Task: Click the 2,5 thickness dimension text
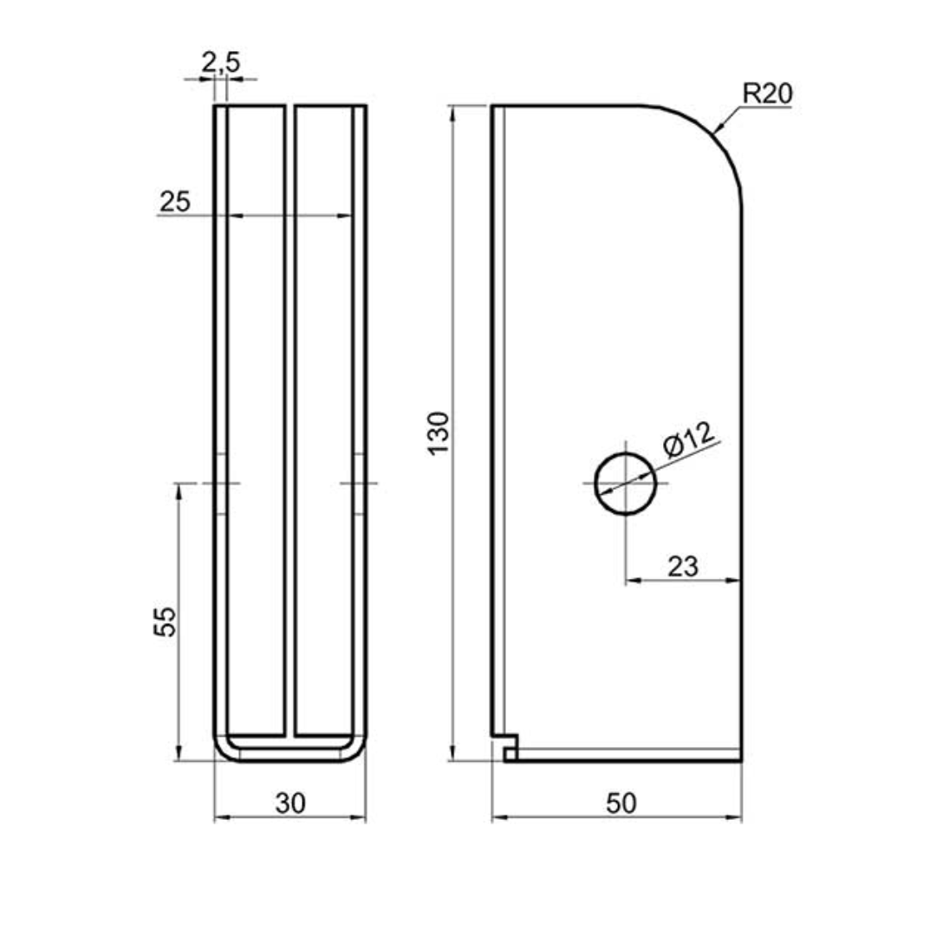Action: click(221, 62)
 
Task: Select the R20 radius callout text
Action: click(767, 93)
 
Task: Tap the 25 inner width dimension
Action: click(175, 202)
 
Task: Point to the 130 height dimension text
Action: click(439, 433)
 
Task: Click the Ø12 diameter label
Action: click(688, 439)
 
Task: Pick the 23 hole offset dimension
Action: click(683, 567)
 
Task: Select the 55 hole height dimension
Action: click(166, 622)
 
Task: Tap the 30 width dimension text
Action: click(290, 803)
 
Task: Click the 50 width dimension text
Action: click(621, 803)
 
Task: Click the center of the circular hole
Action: click(626, 483)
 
